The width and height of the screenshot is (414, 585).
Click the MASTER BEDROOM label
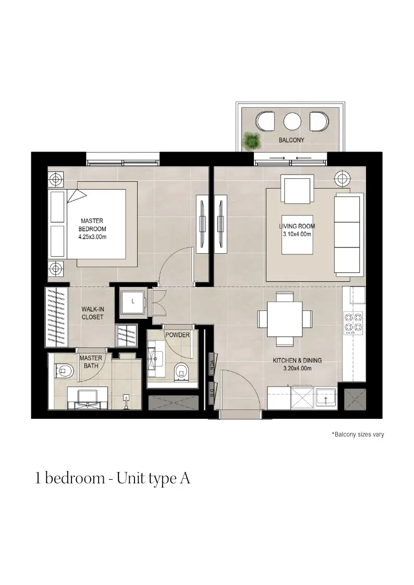[x=92, y=225]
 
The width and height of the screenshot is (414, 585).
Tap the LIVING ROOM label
[x=297, y=226]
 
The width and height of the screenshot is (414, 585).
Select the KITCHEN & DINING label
[x=297, y=360]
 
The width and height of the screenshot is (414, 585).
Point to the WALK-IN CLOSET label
[x=93, y=313]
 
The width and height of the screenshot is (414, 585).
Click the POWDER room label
[x=178, y=335]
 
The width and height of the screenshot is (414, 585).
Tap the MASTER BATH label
[x=91, y=362]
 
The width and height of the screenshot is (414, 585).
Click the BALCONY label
[x=291, y=140]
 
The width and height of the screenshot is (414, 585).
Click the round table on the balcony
[x=293, y=121]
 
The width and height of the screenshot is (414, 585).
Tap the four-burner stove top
[x=353, y=323]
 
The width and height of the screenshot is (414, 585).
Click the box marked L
[x=133, y=302]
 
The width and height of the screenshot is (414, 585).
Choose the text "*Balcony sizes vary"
[x=358, y=434]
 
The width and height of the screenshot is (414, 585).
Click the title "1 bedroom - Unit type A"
[x=113, y=479]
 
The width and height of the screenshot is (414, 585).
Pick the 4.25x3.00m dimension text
[x=92, y=237]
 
